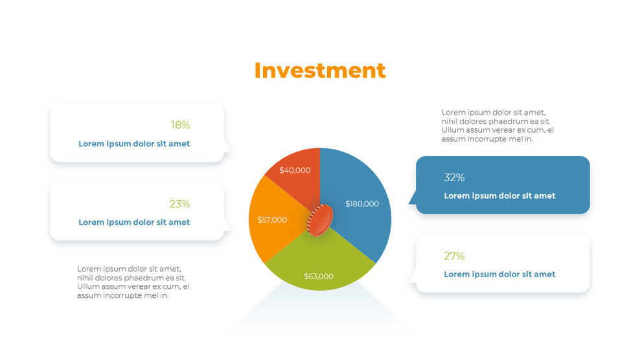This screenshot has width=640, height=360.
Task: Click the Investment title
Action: coord(319,70)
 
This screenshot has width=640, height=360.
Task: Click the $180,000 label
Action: coord(362,204)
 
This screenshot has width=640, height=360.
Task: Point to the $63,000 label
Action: coord(319,276)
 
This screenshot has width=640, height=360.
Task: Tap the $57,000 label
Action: coord(272,220)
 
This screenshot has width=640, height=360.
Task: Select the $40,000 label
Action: coord(295,170)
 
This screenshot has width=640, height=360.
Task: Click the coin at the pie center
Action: coord(319,219)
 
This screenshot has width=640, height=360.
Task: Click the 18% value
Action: coord(180,125)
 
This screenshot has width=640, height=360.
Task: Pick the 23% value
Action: coord(179,204)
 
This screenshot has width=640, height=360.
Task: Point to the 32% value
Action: coord(454,177)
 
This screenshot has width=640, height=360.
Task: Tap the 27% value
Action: coord(454,256)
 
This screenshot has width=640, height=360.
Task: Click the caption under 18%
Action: coord(134,144)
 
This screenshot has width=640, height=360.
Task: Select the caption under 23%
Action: coord(134,222)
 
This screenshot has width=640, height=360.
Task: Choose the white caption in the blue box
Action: coord(499,196)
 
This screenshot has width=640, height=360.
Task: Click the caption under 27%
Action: coord(499,274)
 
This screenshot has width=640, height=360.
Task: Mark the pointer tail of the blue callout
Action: coord(412,199)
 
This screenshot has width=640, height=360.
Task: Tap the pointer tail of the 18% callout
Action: coord(227,147)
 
